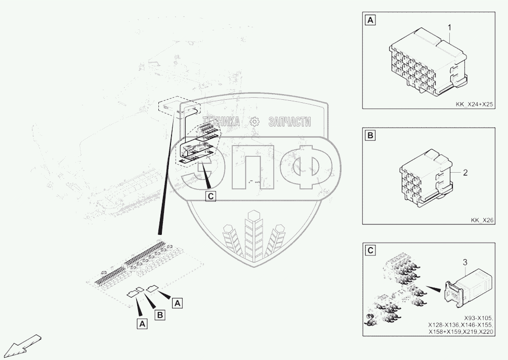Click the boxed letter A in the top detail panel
pos(370,20)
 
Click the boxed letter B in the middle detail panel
pos(370,136)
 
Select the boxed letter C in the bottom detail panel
pos(370,250)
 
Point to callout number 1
pos(450,27)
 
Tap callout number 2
pos(465,173)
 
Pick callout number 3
pos(465,262)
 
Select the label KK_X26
pos(482,220)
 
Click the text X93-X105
pos(478,318)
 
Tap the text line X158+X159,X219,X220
pos(460,332)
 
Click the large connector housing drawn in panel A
pos(428,62)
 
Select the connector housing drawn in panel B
pos(426,178)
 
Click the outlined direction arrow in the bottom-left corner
pos(23,346)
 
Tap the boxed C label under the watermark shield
pos(210,196)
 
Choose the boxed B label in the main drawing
pos(160,314)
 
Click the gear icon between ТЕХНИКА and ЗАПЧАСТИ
pos(255,122)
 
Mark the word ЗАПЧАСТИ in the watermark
pos(289,122)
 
